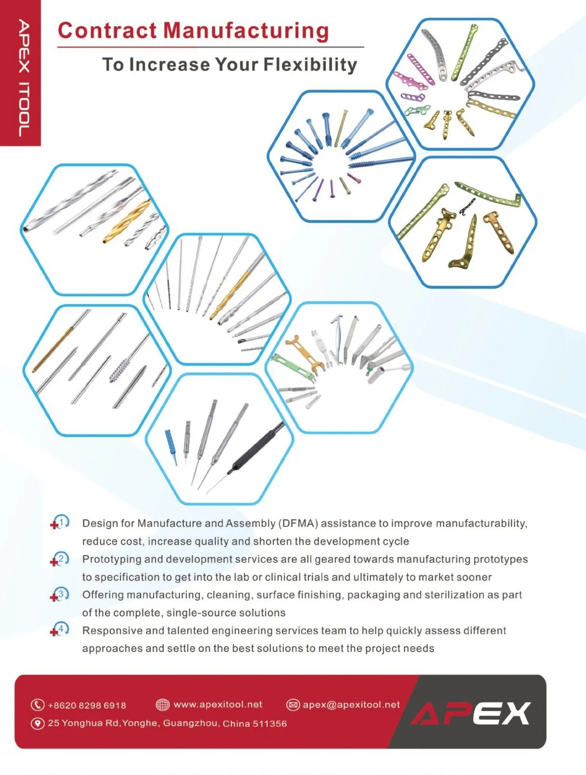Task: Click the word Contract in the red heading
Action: click(107, 31)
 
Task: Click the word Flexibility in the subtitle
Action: click(310, 64)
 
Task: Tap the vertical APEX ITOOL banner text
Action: click(23, 78)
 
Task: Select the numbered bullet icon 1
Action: click(60, 522)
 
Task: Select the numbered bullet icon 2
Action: click(60, 559)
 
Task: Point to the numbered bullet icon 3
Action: click(60, 594)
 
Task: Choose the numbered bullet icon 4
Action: click(60, 630)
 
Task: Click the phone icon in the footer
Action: click(38, 705)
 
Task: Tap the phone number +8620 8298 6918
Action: click(87, 705)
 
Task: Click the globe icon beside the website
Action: click(163, 704)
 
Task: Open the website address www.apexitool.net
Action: click(218, 705)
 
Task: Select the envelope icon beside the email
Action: click(293, 705)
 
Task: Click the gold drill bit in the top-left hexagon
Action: click(126, 222)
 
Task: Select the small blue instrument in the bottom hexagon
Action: click(171, 446)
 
